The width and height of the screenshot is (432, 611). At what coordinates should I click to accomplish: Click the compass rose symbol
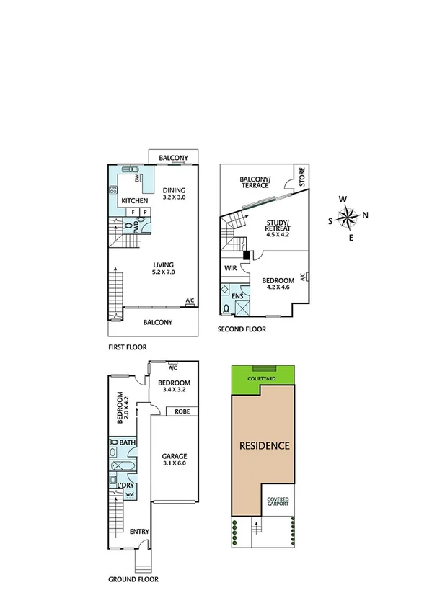click(348, 215)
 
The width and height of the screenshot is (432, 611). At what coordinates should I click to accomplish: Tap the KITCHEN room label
click(134, 200)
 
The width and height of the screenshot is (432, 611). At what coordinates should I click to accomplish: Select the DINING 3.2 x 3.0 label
click(174, 193)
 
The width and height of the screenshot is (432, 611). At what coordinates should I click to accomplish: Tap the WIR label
click(231, 268)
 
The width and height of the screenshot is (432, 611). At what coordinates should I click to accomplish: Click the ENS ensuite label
click(237, 295)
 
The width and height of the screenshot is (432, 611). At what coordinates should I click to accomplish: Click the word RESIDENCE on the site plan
click(264, 446)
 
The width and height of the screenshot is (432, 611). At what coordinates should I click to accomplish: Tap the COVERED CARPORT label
click(278, 501)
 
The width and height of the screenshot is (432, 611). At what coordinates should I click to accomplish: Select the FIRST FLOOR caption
click(128, 347)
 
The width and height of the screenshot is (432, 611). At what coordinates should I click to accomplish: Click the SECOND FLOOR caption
click(242, 329)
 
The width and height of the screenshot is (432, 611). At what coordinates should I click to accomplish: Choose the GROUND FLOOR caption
click(133, 579)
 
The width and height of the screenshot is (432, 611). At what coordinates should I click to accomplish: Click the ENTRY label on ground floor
click(139, 532)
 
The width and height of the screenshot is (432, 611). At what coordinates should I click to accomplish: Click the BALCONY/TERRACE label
click(255, 181)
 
